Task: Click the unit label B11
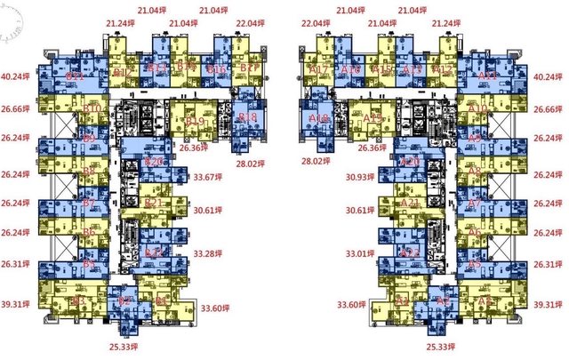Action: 76,77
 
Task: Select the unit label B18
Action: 248,117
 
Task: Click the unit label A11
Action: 487,77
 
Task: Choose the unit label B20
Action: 154,163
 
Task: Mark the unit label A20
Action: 410,163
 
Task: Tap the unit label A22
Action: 410,252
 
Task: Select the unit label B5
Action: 89,264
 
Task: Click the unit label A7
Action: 475,204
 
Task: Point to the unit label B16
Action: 215,68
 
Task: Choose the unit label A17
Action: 319,69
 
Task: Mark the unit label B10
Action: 91,108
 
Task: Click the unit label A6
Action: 475,233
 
